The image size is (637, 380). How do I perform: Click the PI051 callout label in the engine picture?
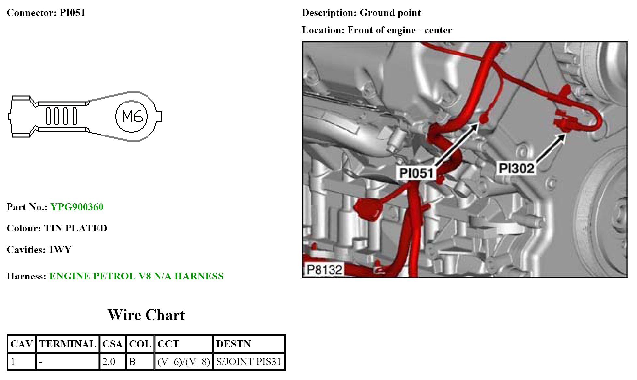click(x=416, y=173)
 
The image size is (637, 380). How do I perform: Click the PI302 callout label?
click(x=516, y=168)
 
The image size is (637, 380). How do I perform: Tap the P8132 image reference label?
click(x=324, y=270)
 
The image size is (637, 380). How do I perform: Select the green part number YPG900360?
click(x=77, y=207)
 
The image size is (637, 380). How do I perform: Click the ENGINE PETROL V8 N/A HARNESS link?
click(x=136, y=276)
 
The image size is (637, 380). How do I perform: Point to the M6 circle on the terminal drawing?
click(x=132, y=116)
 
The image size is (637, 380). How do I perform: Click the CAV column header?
click(x=21, y=344)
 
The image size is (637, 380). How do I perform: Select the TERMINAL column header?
click(x=68, y=344)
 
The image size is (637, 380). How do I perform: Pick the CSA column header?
click(x=112, y=344)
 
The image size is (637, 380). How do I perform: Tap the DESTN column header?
click(x=233, y=344)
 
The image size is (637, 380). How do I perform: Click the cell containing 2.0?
click(x=109, y=362)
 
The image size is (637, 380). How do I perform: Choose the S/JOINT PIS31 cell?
click(x=248, y=362)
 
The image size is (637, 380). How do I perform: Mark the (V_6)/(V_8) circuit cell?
click(x=183, y=362)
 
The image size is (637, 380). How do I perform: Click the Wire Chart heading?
click(x=146, y=315)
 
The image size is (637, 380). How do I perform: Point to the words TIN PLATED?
click(x=75, y=228)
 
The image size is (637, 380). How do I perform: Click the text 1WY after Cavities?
click(x=60, y=250)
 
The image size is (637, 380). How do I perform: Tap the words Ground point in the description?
click(x=390, y=13)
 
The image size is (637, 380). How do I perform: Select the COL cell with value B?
click(x=132, y=362)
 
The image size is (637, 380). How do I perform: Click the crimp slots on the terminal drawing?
click(x=61, y=116)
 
